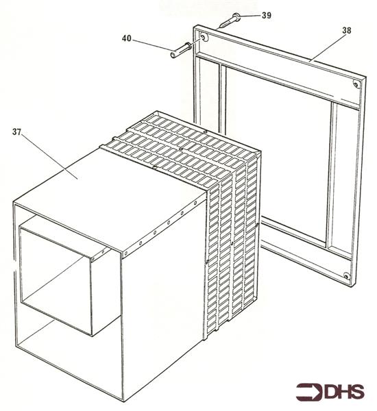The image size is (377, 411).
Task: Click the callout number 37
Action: coord(16,132)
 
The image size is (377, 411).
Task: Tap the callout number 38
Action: coord(346,30)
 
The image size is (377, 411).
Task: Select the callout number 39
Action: coord(266,15)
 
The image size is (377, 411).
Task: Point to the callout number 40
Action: coord(126,38)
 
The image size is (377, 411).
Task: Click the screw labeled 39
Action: coord(228,21)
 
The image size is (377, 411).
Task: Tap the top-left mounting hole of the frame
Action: coord(204,37)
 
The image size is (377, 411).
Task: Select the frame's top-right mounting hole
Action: coord(356,84)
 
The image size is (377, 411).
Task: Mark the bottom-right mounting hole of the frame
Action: coord(347,276)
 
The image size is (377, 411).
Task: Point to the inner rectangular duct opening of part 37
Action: coord(56,280)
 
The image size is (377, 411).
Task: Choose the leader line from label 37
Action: coord(49,156)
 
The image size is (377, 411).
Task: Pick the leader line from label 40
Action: coord(151,45)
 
